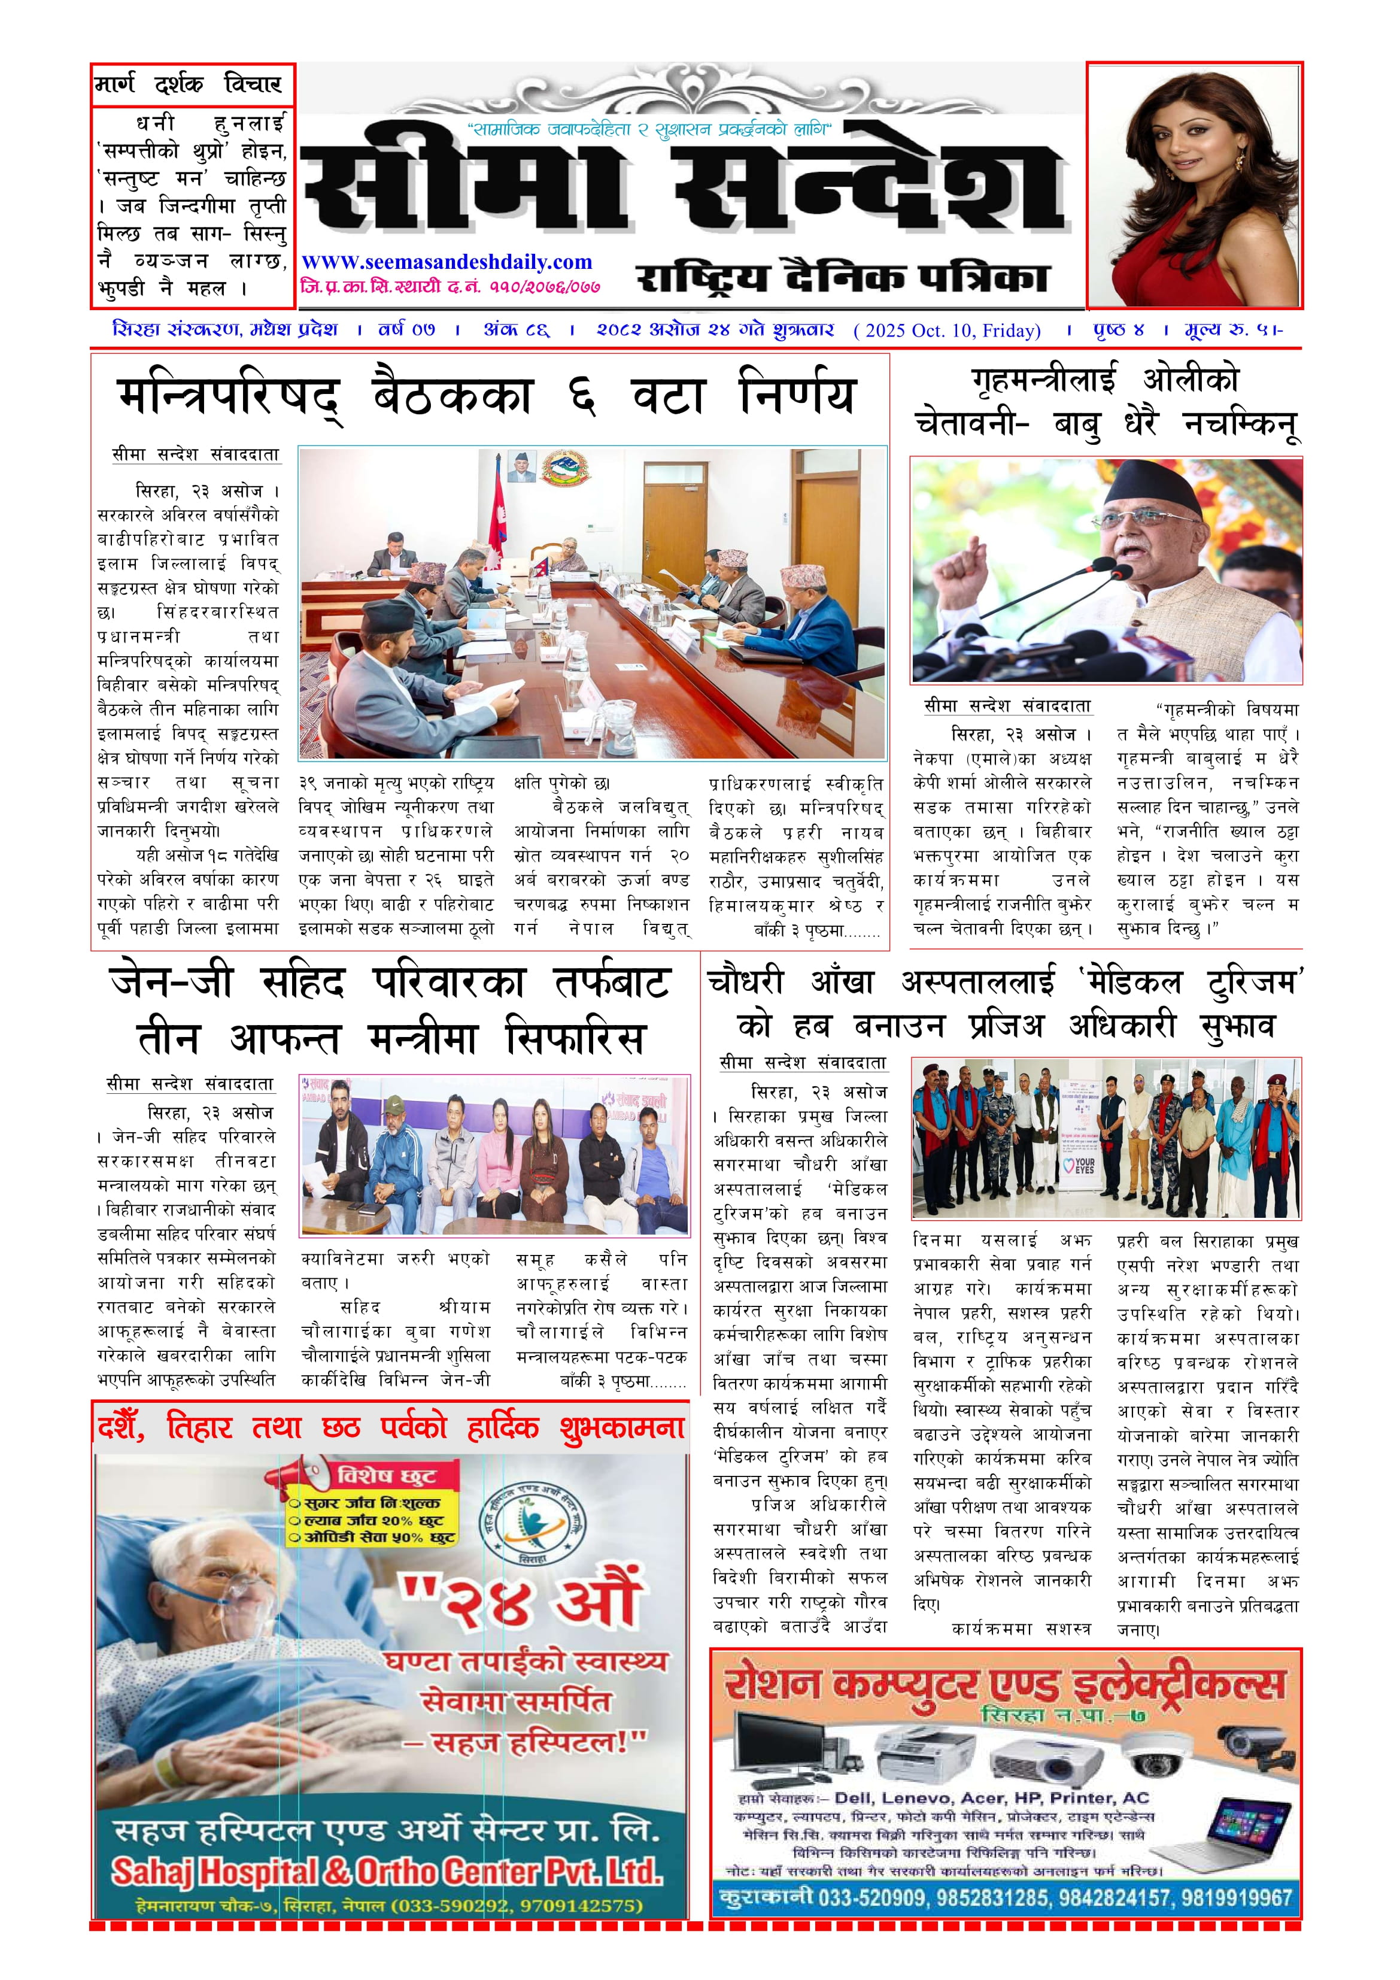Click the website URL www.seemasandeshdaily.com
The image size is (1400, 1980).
pyautogui.click(x=447, y=262)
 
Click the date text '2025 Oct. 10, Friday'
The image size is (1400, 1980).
pyautogui.click(x=946, y=330)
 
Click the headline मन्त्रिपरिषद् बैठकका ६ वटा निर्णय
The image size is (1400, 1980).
pyautogui.click(x=487, y=397)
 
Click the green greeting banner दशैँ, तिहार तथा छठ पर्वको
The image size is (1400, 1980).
pyautogui.click(x=390, y=1427)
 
